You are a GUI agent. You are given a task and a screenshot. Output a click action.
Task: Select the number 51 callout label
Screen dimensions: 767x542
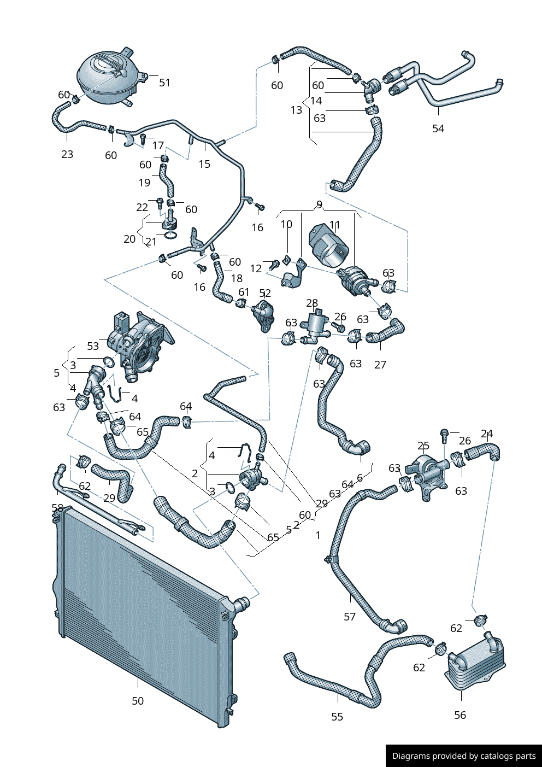(x=164, y=83)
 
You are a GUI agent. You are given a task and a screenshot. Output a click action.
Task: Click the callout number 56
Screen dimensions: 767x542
(x=460, y=715)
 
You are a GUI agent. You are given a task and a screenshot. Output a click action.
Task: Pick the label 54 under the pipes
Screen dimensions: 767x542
(x=438, y=128)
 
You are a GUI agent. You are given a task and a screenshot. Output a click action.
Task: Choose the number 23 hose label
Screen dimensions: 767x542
(x=67, y=154)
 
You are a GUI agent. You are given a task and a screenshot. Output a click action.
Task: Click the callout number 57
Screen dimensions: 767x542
(x=350, y=617)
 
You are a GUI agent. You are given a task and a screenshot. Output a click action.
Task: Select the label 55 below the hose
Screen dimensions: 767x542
(x=337, y=717)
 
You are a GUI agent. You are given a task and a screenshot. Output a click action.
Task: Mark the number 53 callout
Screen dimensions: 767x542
(x=93, y=346)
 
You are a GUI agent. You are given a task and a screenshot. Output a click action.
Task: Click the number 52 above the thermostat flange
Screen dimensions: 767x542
(x=265, y=294)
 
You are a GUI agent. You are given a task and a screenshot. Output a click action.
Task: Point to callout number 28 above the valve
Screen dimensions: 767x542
(x=312, y=303)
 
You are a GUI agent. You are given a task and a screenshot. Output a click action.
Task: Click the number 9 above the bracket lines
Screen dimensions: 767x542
(x=319, y=204)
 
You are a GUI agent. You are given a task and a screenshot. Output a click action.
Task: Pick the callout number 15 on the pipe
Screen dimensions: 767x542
(x=204, y=164)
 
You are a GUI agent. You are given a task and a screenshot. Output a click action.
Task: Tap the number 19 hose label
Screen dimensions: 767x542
(x=144, y=183)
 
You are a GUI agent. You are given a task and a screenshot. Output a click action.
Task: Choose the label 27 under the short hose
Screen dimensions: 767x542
(x=380, y=365)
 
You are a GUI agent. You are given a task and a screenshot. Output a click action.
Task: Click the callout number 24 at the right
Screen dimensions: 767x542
(x=487, y=434)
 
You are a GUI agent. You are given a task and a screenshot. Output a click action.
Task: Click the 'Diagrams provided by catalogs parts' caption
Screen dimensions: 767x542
(x=464, y=756)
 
